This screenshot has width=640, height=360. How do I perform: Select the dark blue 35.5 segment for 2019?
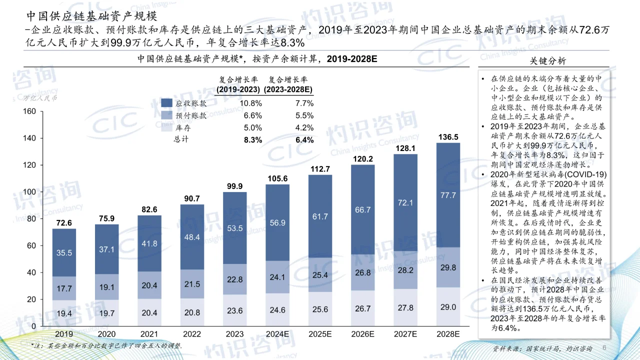point(63,253)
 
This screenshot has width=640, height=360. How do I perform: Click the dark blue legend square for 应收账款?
point(167,103)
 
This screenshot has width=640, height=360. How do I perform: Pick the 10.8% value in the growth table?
point(251,103)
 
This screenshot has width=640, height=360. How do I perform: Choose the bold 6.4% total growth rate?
point(304,140)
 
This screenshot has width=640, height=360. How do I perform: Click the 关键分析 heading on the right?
point(547,61)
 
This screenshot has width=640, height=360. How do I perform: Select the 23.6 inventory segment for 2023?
point(234,310)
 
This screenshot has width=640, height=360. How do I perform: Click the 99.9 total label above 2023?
point(234,186)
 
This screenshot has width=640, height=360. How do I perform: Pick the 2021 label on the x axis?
point(149,334)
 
